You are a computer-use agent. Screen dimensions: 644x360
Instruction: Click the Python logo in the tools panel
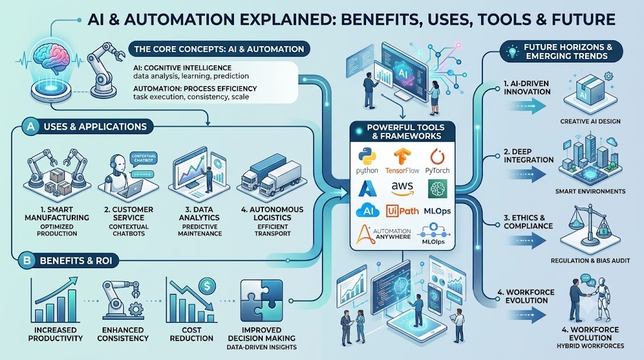coord(367,157)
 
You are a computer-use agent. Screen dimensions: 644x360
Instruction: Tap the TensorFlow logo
coord(402,157)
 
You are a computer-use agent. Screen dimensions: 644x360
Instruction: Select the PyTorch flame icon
coord(437,157)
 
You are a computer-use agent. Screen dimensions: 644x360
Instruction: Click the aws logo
coord(402,188)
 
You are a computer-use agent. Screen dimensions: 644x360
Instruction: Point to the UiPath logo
coord(402,211)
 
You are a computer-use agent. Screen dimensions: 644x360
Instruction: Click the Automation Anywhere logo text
coord(392,234)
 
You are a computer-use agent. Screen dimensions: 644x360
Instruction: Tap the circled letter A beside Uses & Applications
coord(31,127)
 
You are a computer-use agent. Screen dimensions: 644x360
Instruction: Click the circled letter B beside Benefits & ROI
coord(27,261)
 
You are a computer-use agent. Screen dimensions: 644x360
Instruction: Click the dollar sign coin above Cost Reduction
coord(206,285)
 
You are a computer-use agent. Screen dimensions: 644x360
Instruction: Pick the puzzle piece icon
coord(262,300)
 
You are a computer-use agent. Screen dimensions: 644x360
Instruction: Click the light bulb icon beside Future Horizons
coord(512,52)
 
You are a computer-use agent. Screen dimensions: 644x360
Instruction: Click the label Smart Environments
coord(590,191)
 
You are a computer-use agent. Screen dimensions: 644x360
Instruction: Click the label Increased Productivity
coord(55,334)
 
